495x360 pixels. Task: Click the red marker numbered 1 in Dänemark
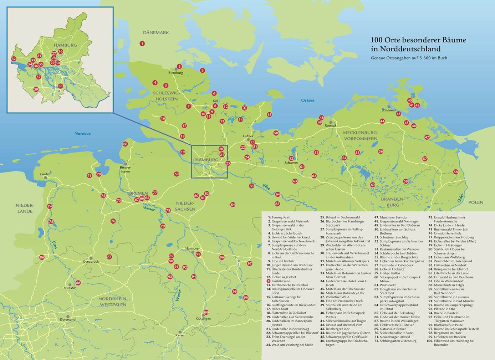click(142, 43)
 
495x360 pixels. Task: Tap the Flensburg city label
click(176, 73)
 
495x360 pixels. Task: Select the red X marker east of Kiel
click(244, 107)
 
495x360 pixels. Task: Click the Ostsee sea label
click(307, 100)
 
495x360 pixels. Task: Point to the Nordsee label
click(82, 134)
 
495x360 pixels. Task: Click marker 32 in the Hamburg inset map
click(14, 59)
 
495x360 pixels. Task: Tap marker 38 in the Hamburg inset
click(60, 86)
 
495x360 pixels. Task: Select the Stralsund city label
click(388, 110)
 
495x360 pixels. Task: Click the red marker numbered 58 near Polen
click(455, 172)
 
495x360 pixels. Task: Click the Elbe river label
click(266, 186)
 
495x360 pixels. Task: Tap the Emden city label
click(45, 174)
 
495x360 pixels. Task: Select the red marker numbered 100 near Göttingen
click(206, 312)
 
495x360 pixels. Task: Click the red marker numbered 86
click(42, 257)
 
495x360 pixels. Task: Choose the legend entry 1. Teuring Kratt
click(281, 217)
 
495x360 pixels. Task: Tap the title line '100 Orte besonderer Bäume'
click(418, 40)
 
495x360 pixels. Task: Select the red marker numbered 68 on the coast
click(125, 144)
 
